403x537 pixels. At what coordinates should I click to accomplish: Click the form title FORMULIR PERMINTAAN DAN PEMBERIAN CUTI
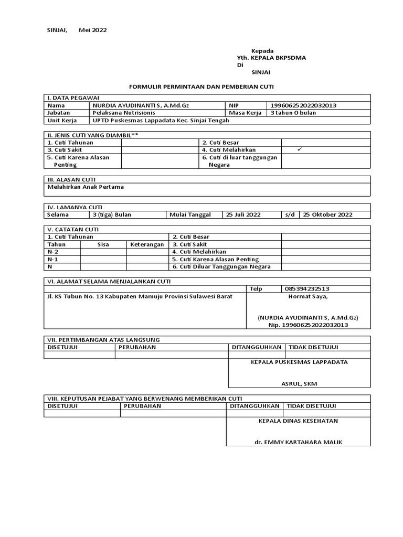(x=201, y=85)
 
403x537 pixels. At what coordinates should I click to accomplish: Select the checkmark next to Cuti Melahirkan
(x=300, y=149)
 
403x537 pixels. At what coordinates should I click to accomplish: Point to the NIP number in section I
(x=303, y=105)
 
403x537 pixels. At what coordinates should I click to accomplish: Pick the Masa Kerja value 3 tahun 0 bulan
(x=293, y=113)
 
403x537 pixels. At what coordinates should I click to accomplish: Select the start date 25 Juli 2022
(x=243, y=214)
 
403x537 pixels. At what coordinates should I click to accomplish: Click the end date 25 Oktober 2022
(x=327, y=214)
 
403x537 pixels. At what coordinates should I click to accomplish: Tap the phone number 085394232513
(x=307, y=288)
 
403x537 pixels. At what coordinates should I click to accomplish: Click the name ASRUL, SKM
(x=299, y=383)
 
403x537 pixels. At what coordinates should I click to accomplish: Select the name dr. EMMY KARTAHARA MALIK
(x=298, y=442)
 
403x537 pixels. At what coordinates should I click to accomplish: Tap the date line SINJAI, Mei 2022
(x=77, y=30)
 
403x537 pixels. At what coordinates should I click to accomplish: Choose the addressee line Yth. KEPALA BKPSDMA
(x=271, y=58)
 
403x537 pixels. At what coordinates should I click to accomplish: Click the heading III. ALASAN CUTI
(x=71, y=179)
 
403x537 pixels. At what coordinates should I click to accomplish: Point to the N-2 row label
(x=53, y=252)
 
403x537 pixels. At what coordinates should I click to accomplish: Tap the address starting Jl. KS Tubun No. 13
(x=140, y=296)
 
